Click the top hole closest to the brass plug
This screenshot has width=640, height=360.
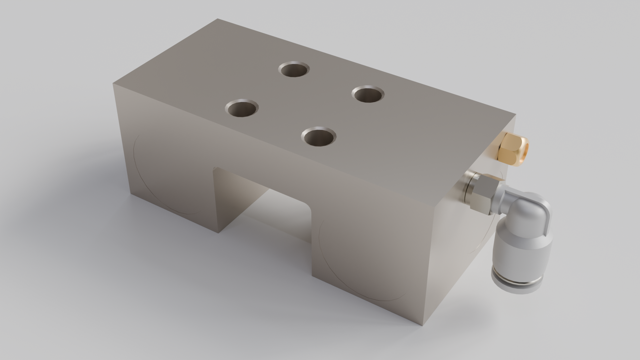pyautogui.click(x=368, y=94)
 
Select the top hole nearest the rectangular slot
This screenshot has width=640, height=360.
pyautogui.click(x=318, y=137)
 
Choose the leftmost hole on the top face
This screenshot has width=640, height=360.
pyautogui.click(x=242, y=108)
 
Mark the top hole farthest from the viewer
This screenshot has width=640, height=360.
pyautogui.click(x=294, y=69)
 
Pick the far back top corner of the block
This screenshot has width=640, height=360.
pyautogui.click(x=218, y=19)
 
